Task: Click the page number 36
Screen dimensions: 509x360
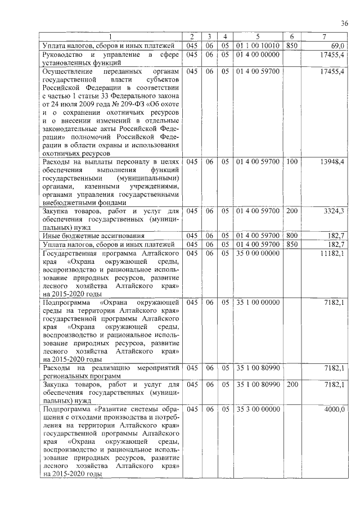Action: (344, 23)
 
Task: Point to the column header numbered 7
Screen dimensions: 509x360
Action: (325, 37)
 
